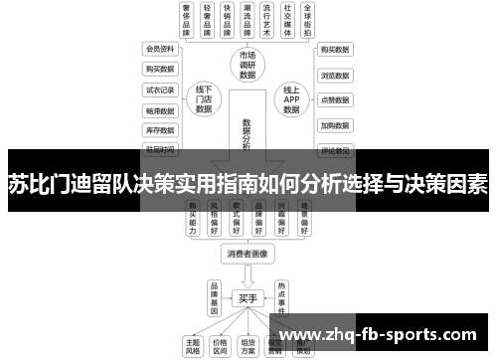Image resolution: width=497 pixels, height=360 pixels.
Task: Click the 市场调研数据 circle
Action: click(x=248, y=65)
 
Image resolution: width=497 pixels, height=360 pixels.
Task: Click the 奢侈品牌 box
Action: click(x=186, y=20)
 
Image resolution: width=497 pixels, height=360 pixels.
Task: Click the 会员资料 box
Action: click(x=159, y=49)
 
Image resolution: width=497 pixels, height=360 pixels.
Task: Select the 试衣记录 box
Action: click(x=159, y=89)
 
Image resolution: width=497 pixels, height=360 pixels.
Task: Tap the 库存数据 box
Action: click(x=159, y=129)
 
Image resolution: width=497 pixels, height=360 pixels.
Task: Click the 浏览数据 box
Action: click(x=334, y=75)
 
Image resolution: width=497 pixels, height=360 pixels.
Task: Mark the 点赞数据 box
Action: click(x=334, y=100)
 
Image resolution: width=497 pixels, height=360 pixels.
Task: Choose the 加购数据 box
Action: click(x=334, y=126)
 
